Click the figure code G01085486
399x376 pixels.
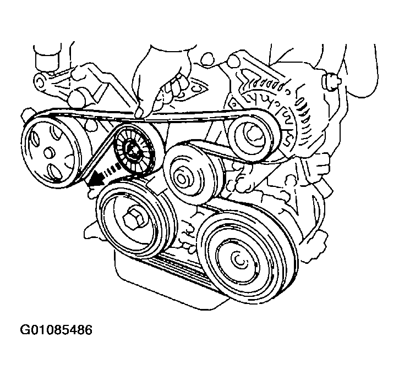56,330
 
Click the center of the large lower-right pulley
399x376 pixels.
238,260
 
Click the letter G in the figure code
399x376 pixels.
25,330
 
